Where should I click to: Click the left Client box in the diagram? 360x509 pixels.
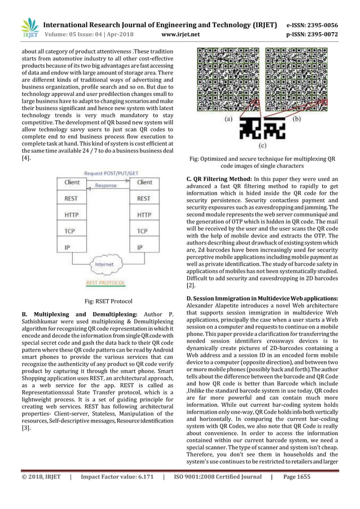pos(72,182)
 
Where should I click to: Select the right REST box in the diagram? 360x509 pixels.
pos(144,199)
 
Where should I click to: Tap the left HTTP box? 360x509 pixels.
pos(72,215)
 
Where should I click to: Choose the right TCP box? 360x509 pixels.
pos(144,231)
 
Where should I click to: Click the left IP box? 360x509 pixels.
pos(72,247)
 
